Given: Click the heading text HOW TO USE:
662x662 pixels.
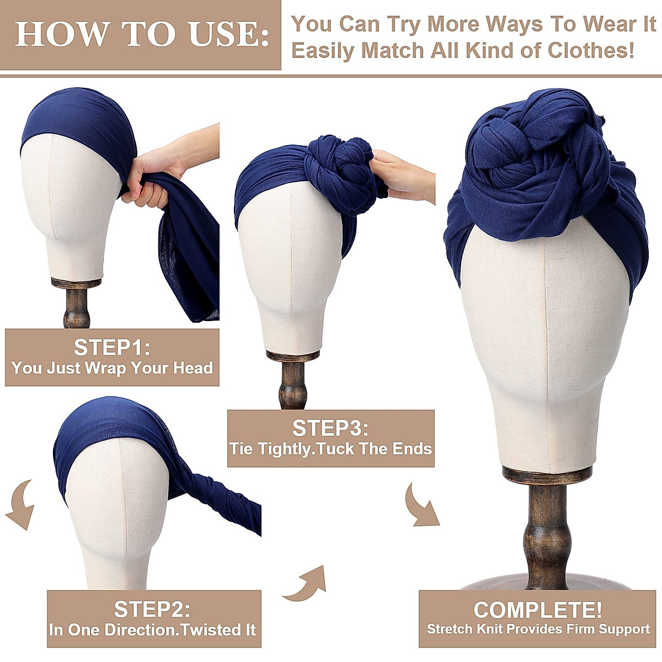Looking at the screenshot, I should coord(142,34).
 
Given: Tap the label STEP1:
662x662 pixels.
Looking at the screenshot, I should coord(112,348).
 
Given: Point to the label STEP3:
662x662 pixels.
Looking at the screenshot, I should coord(330,428).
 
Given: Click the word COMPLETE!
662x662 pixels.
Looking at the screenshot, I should coord(537,610).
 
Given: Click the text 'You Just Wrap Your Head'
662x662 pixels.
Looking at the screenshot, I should coord(112,368).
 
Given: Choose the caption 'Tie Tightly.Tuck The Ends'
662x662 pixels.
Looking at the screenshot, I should coord(330,449).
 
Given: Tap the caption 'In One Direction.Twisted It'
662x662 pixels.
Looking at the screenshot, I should coord(153,629).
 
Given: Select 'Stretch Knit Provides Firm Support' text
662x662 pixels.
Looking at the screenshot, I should coord(538,629).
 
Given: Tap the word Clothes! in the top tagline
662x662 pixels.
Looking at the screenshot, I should coord(590,50).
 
